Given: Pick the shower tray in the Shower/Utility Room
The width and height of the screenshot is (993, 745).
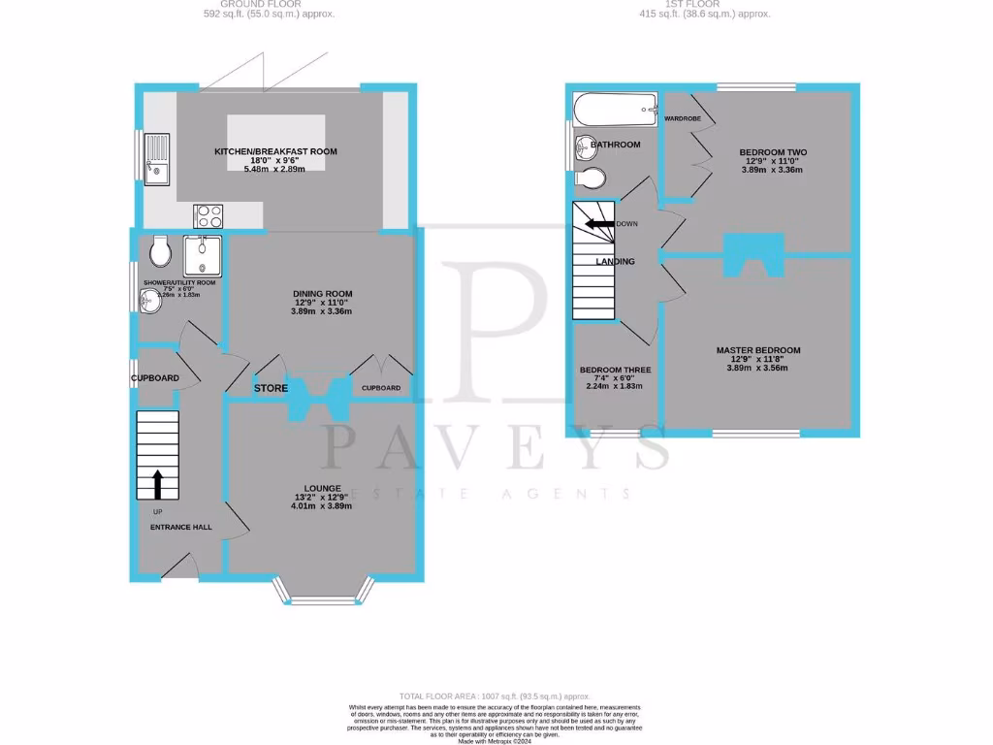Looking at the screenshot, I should pos(203,255).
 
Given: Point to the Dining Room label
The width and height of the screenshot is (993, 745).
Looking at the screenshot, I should pos(323,294).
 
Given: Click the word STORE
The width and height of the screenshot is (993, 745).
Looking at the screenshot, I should pos(272,388).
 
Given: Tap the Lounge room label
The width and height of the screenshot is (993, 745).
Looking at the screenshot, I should pos(322,488).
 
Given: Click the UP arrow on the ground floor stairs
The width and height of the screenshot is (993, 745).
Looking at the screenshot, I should pos(158,483).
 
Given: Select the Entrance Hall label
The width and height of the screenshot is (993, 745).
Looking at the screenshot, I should pos(180,527).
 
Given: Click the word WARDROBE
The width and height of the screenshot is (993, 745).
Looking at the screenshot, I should pos(683,118).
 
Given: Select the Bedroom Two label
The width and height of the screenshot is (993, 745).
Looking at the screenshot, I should pos(773,152).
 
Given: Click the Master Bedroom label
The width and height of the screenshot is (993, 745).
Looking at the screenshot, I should pos(758,350).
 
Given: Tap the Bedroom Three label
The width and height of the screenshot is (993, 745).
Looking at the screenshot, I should pos(615,370).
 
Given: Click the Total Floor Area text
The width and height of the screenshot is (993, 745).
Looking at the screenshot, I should pos(496,696).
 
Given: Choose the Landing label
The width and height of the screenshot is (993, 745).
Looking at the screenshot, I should pos(615,261).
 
